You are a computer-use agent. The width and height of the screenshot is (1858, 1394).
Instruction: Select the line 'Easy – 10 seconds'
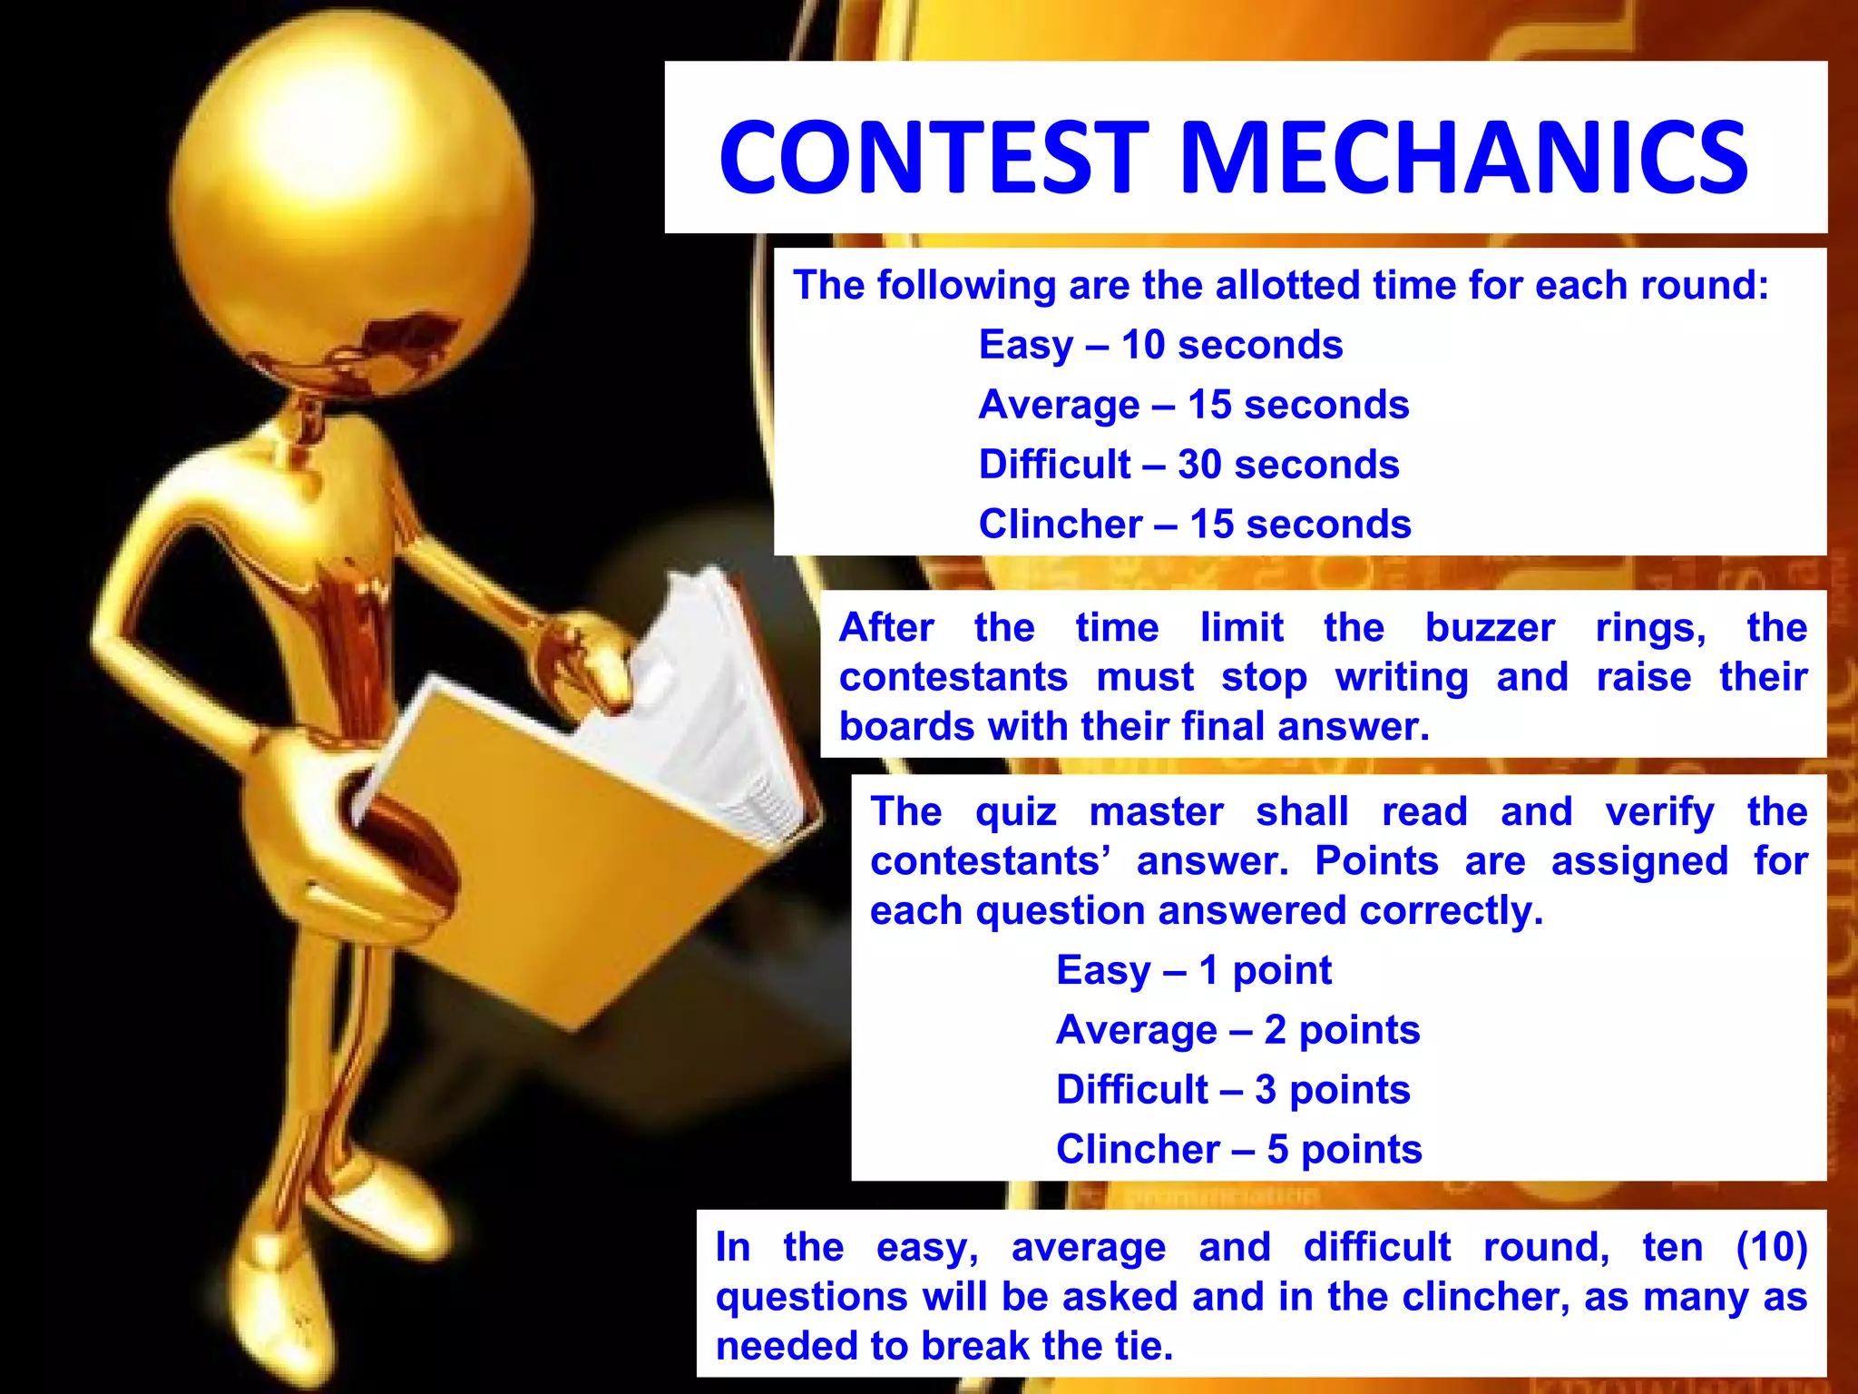pyautogui.click(x=1160, y=345)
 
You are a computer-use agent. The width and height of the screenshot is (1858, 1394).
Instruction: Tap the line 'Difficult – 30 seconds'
pyautogui.click(x=1188, y=465)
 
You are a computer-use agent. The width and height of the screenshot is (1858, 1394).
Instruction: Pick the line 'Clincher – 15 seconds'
pyautogui.click(x=1195, y=524)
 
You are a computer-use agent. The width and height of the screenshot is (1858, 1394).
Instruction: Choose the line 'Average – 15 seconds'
pyautogui.click(x=1194, y=405)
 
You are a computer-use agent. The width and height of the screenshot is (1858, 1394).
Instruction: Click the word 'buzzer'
pyautogui.click(x=1490, y=628)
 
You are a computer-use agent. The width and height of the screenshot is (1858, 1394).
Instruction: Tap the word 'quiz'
pyautogui.click(x=1016, y=811)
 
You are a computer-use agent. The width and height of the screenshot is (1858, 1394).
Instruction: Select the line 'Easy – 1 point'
pyautogui.click(x=1194, y=970)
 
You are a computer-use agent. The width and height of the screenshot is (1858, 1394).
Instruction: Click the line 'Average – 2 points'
pyautogui.click(x=1237, y=1030)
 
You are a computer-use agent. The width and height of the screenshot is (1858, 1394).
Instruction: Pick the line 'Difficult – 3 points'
pyautogui.click(x=1233, y=1089)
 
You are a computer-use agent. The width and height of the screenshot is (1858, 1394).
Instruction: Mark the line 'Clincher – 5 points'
pyautogui.click(x=1238, y=1149)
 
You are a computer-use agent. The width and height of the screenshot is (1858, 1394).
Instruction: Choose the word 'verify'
pyautogui.click(x=1659, y=811)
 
